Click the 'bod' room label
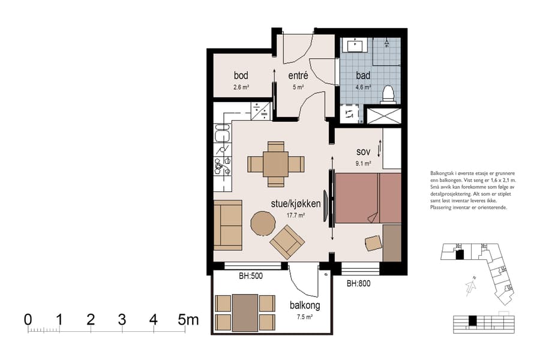tap(241, 76)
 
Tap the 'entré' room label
tap(298, 76)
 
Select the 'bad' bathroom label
tap(363, 76)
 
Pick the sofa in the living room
tap(228, 226)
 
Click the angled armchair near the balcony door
tap(287, 241)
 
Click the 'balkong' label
tap(305, 305)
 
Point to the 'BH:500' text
tap(251, 276)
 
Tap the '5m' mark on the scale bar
tap(188, 320)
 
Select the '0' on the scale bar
tap(28, 320)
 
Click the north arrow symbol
tap(471, 287)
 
